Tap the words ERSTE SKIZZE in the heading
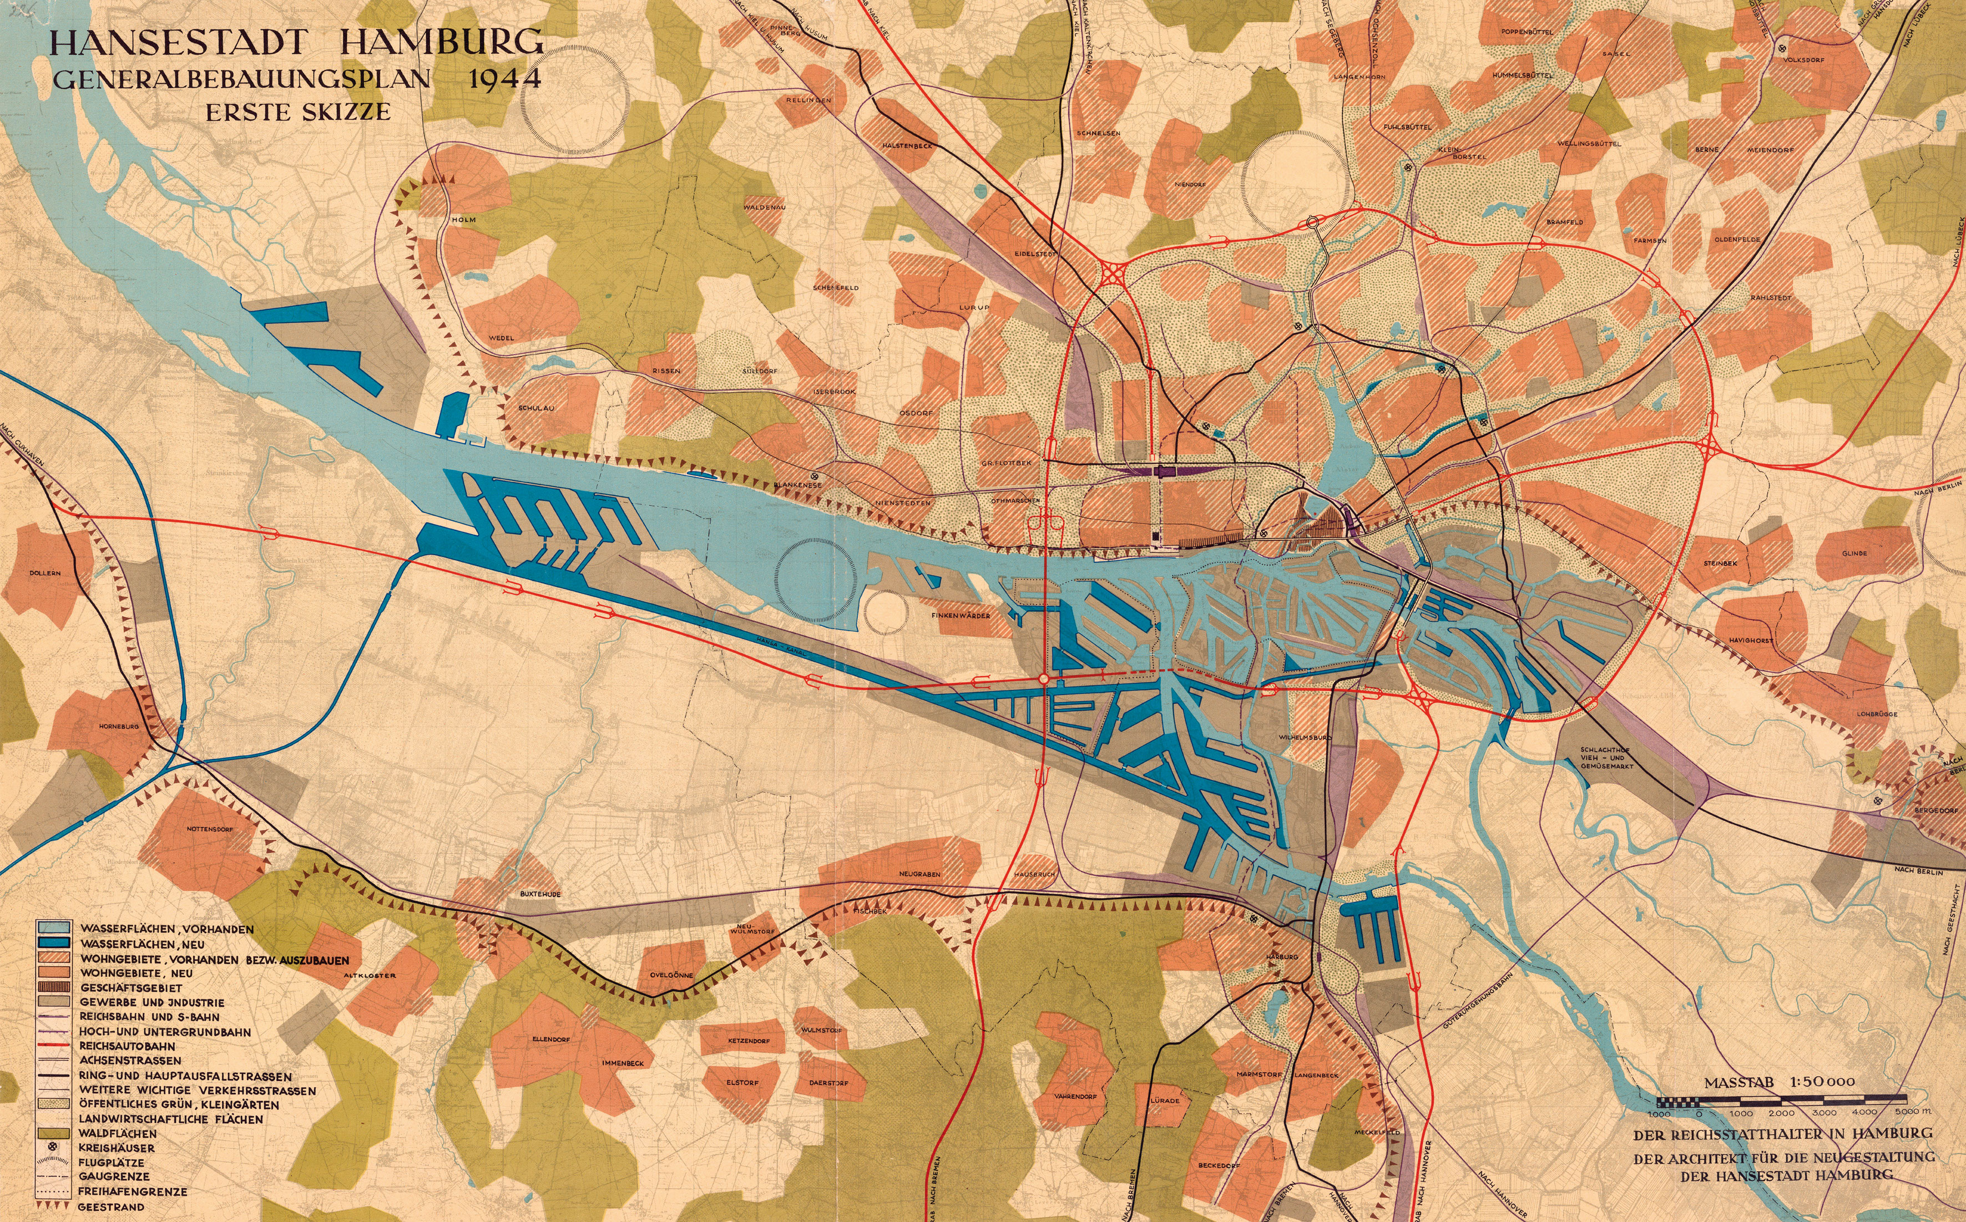click(297, 111)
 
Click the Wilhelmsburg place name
click(1305, 738)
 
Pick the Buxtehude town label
click(540, 894)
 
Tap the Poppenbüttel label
click(1524, 32)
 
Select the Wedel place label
click(501, 337)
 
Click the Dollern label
click(46, 573)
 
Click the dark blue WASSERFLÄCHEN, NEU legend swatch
click(53, 943)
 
